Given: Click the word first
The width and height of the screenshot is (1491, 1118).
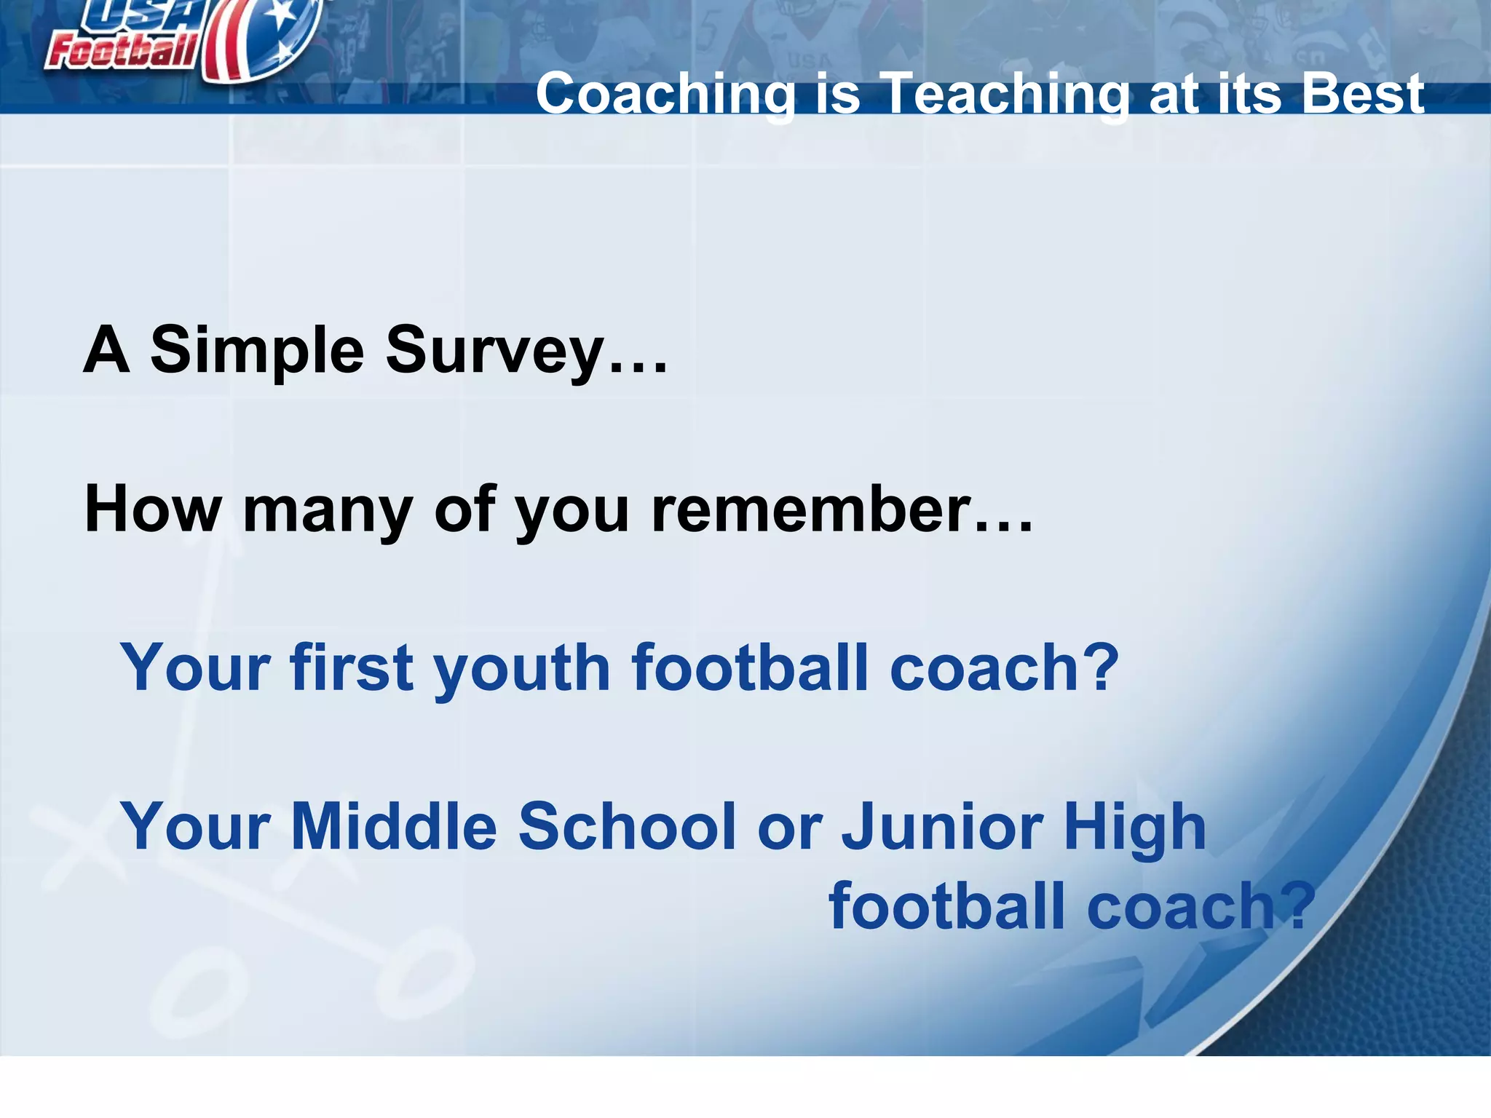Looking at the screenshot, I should point(352,667).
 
